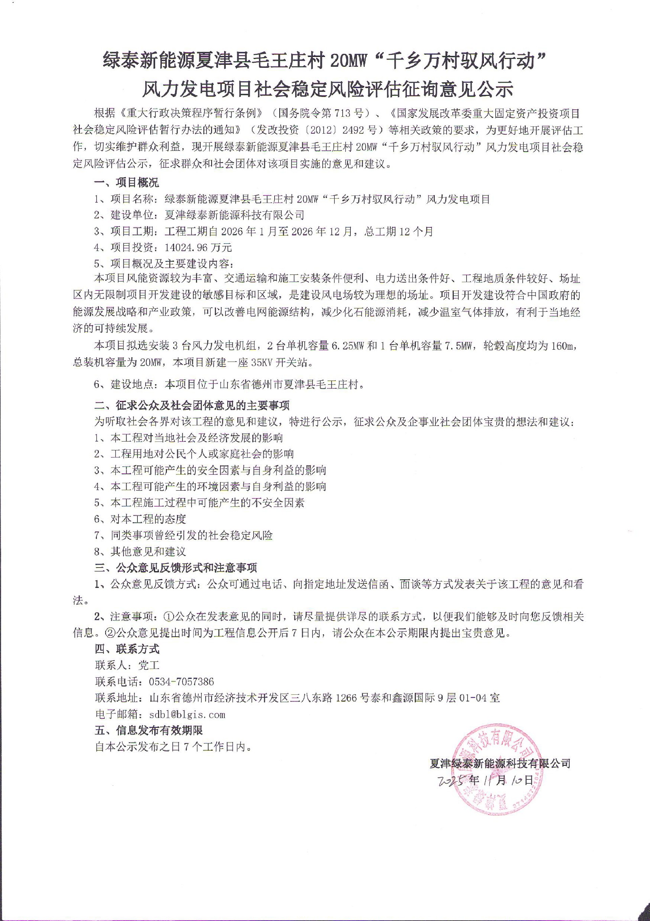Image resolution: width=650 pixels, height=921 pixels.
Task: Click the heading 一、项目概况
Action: coord(127,183)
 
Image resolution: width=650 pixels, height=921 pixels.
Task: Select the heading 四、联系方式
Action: coord(127,649)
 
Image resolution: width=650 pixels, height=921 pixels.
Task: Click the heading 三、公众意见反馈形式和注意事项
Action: coord(175,568)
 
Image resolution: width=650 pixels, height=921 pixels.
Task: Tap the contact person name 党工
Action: coord(149,666)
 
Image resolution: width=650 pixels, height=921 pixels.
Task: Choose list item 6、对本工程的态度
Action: coord(140,519)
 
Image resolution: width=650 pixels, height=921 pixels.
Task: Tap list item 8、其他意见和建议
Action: coord(140,552)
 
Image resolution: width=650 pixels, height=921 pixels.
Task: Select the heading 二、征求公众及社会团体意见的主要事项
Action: coord(192,405)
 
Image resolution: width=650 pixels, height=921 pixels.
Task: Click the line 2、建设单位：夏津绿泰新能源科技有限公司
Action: coord(199,215)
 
